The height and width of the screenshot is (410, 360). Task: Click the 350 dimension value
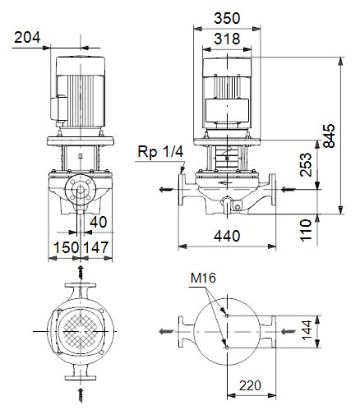click(x=227, y=18)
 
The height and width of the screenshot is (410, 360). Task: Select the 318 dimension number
click(x=227, y=39)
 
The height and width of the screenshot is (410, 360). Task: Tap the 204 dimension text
click(x=27, y=37)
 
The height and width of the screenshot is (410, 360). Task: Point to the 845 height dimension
click(x=329, y=136)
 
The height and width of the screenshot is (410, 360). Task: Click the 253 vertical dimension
click(x=306, y=164)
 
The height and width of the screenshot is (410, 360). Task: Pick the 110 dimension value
click(x=306, y=230)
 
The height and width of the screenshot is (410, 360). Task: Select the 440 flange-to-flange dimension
click(x=227, y=236)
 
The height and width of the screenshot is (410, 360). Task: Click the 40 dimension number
click(x=99, y=222)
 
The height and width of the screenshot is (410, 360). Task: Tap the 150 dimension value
click(x=66, y=247)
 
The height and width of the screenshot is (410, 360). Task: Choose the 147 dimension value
click(x=95, y=247)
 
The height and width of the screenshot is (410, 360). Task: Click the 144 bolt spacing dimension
click(x=307, y=330)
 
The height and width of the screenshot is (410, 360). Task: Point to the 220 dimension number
click(x=250, y=385)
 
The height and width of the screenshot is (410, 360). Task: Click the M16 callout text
click(x=203, y=278)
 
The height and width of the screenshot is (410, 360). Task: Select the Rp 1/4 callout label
click(x=160, y=151)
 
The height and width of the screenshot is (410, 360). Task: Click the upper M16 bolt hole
click(x=227, y=316)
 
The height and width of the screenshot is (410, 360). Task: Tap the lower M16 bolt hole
click(x=227, y=348)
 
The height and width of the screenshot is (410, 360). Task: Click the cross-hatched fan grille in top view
click(x=81, y=331)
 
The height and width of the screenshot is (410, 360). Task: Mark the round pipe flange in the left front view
click(x=81, y=190)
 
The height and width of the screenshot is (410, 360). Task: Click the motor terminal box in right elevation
click(x=227, y=110)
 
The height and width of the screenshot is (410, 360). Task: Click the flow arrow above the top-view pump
click(x=81, y=272)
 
